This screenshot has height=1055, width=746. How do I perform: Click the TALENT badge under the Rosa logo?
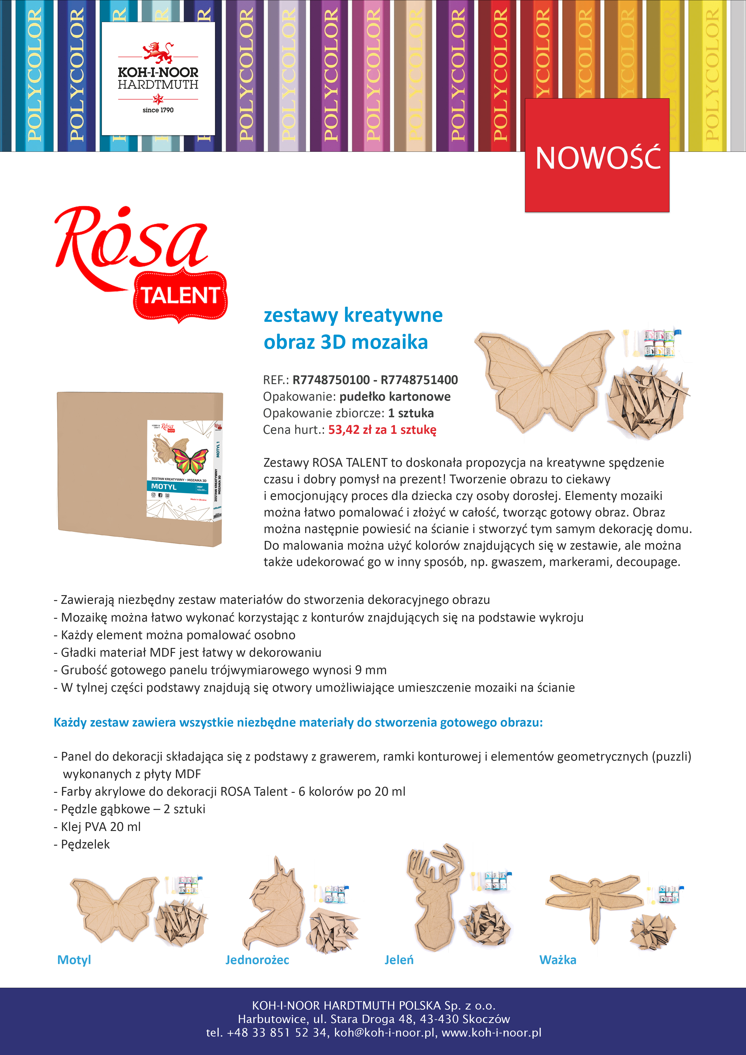180,296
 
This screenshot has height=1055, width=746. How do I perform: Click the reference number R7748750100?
331,380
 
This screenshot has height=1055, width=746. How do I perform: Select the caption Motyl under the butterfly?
74,960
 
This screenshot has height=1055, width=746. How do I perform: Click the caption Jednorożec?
257,960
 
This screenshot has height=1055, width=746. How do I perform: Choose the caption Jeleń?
399,960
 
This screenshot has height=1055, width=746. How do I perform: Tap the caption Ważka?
557,960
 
